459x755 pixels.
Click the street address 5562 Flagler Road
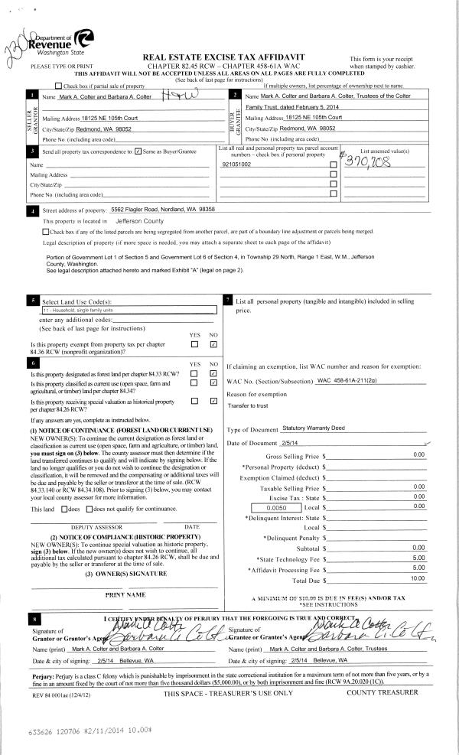coord(162,209)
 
